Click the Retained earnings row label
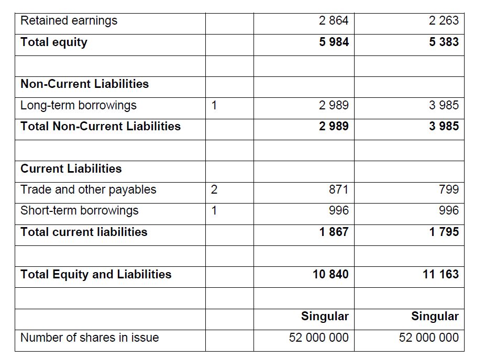coord(69,21)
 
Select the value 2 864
coord(334,21)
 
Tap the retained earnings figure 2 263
coord(444,21)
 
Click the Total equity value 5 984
coord(334,42)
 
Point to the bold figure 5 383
coord(444,42)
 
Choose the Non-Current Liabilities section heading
coord(84,84)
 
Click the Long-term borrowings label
coord(78,105)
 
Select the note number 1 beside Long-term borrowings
coord(214,105)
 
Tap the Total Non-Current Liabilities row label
coord(101,127)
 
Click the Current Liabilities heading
coord(71,168)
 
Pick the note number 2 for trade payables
coord(214,190)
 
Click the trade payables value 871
coord(338,190)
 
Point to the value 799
coord(449,190)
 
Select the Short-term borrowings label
coord(79,211)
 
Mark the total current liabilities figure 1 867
coord(334,232)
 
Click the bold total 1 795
coord(444,232)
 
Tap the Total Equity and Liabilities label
coord(96,274)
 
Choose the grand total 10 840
coord(330,274)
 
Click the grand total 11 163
coord(440,274)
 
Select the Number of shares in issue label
coord(90,338)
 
